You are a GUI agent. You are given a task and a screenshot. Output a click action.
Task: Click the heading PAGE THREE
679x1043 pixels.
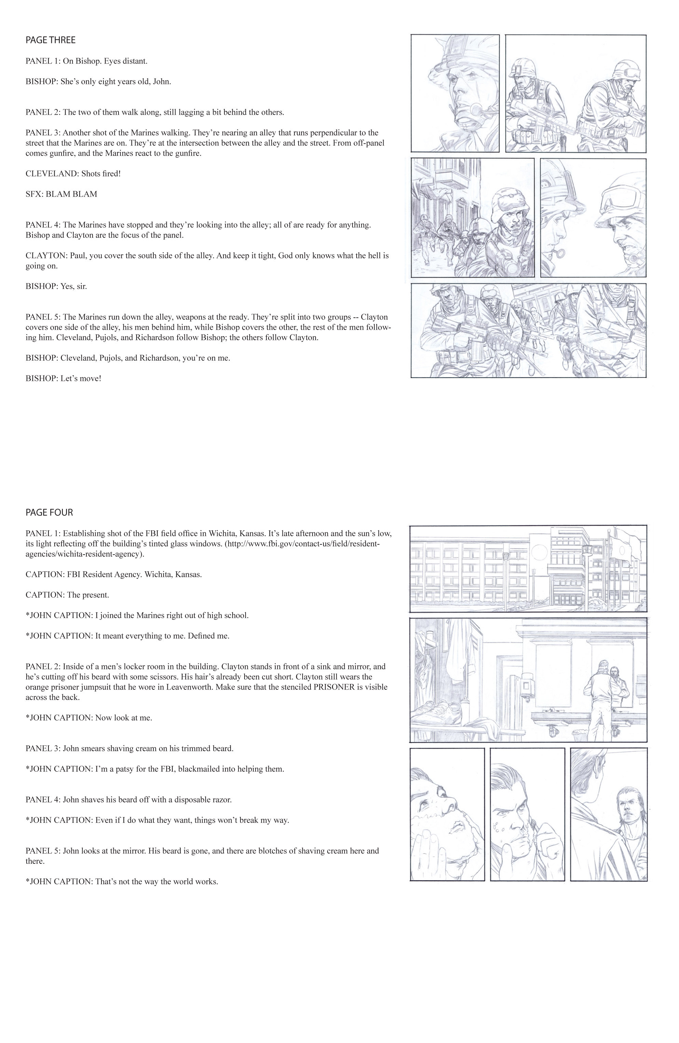pos(51,40)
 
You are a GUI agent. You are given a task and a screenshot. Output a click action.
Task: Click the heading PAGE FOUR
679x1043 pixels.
pos(49,512)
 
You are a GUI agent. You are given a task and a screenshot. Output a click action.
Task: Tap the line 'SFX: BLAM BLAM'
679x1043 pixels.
pos(61,194)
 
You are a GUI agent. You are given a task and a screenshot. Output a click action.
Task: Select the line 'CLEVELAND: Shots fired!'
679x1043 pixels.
pos(73,173)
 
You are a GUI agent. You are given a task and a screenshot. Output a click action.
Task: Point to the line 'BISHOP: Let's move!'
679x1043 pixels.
pos(63,378)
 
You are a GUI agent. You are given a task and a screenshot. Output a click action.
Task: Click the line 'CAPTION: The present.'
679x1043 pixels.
pos(67,595)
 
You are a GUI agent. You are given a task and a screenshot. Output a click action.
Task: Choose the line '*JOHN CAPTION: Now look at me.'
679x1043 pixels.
pos(88,717)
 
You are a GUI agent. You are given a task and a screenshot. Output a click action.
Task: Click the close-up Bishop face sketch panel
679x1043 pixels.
pos(455,93)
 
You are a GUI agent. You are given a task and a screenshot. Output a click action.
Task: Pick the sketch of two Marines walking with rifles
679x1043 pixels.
pos(576,93)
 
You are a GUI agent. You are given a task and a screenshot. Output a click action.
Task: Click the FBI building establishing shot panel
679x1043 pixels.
pos(528,568)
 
